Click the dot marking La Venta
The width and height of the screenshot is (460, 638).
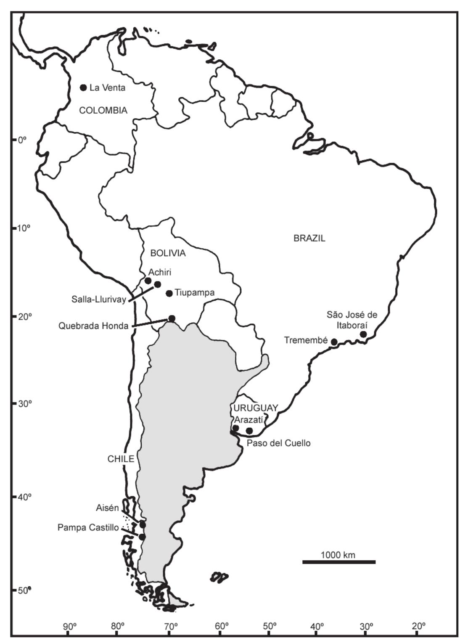pos(83,87)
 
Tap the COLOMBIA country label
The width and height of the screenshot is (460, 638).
pos(103,111)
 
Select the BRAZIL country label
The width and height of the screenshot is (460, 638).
pos(309,238)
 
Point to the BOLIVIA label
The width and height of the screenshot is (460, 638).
pos(168,253)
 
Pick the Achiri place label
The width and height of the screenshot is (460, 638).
pos(159,272)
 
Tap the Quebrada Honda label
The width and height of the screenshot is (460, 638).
pos(93,325)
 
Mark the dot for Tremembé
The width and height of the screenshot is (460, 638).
pos(334,342)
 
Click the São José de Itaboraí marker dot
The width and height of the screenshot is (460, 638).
pos(363,334)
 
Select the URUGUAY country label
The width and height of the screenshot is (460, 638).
pos(256,408)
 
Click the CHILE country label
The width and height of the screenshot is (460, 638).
pos(121,459)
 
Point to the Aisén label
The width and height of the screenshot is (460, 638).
pos(107,508)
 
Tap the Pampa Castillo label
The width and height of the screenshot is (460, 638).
pos(88,527)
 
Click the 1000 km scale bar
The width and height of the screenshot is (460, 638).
pos(338,561)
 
